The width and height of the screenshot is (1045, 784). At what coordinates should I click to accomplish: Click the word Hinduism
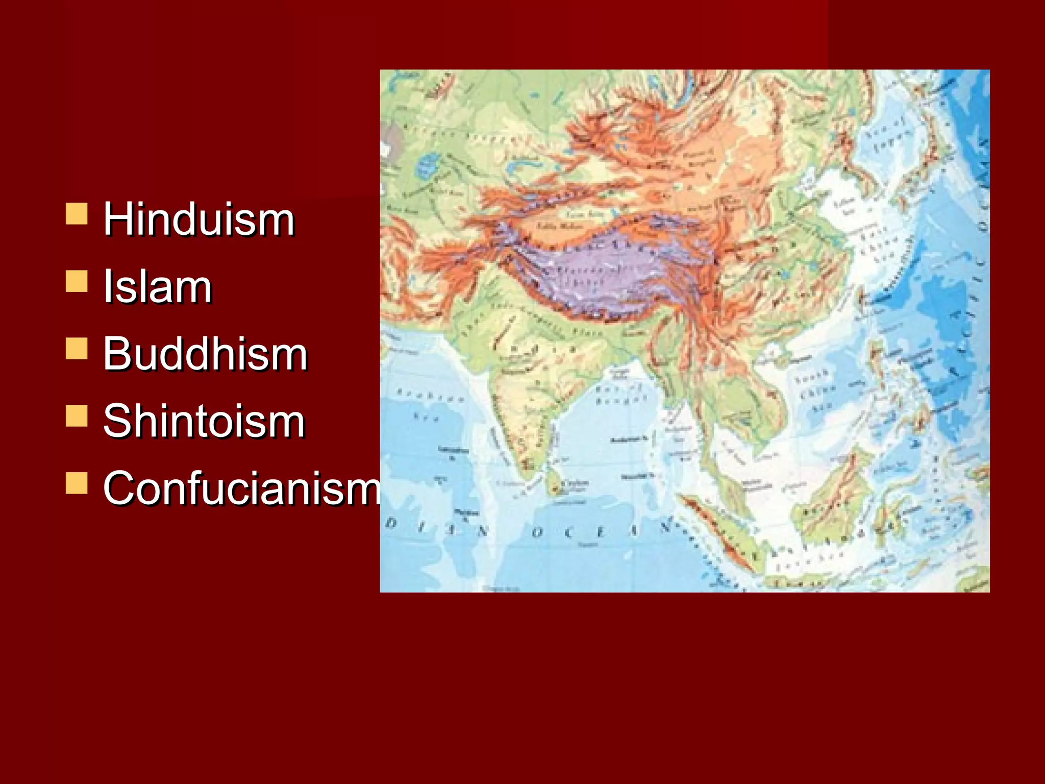[199, 219]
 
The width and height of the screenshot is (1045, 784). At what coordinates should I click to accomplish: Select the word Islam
[157, 287]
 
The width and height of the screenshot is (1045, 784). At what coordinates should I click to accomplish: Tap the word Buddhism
[205, 354]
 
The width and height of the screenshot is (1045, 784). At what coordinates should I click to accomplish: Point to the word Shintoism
[204, 422]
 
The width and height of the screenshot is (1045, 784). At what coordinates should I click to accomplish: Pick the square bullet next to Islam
[77, 281]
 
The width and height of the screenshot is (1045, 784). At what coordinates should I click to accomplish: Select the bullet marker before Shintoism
[77, 415]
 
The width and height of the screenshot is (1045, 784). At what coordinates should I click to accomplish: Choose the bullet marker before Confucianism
[77, 483]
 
